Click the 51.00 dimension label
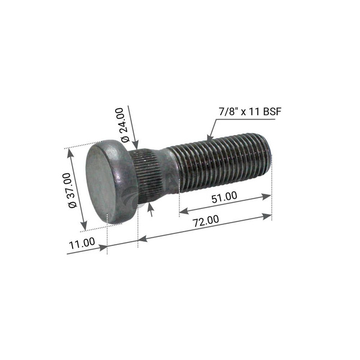tap(224, 197)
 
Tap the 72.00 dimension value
tap(206, 221)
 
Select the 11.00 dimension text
tap(82, 243)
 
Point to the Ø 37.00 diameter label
tap(73, 191)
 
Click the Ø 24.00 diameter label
tap(125, 125)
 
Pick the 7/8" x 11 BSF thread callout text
tap(250, 112)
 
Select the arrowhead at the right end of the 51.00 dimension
tap(267, 196)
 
